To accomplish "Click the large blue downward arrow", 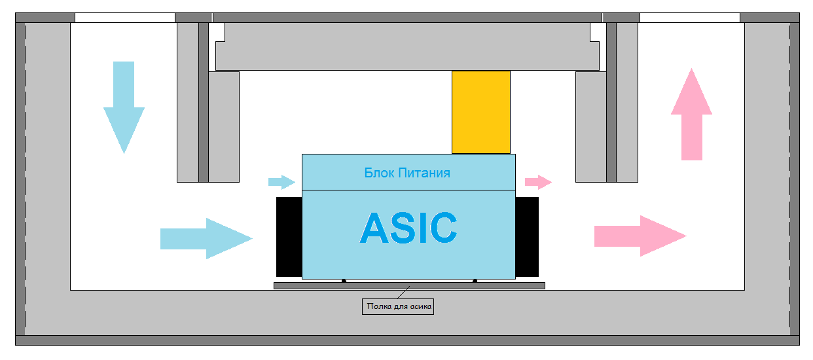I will point(124,105).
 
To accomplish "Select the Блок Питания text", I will point(407,173).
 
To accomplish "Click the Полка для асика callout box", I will point(398,306).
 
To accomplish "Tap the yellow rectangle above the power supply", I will point(481,112).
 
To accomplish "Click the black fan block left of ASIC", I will point(289,236).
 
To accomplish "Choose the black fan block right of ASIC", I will point(527,236).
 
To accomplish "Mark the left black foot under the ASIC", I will point(344,281).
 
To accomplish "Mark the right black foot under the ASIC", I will point(475,281).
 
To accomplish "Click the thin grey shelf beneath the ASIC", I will point(409,286).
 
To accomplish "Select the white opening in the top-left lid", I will point(125,18).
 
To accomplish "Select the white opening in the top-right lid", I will point(689,18).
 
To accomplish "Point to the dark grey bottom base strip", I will point(407,340).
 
